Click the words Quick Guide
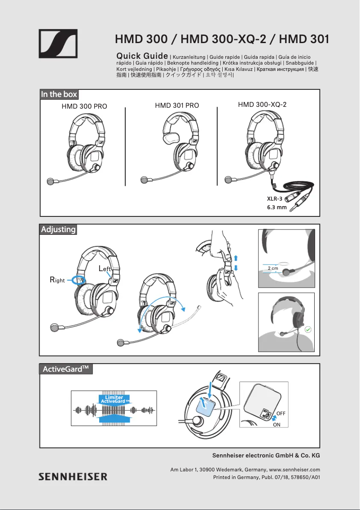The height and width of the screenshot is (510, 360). [x=142, y=56]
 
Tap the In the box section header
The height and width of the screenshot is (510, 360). [x=59, y=94]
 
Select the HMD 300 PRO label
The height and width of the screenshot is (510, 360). [x=84, y=106]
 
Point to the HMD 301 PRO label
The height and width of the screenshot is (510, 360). [x=177, y=106]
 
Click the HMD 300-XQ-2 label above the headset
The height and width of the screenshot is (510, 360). [x=262, y=105]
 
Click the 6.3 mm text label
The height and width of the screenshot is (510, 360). [x=277, y=207]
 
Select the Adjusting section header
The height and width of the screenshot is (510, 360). [x=58, y=229]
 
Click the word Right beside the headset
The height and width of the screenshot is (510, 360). [x=57, y=280]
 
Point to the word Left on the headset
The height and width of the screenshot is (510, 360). [x=105, y=269]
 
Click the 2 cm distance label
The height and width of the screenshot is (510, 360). [x=273, y=268]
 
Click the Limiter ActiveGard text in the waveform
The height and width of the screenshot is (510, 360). [x=114, y=399]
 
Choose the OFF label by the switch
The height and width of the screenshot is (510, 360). [x=281, y=413]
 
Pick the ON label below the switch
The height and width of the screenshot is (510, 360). [x=277, y=424]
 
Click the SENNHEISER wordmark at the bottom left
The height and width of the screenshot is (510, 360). [x=72, y=476]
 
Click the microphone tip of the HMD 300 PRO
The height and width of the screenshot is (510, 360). [x=50, y=182]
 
